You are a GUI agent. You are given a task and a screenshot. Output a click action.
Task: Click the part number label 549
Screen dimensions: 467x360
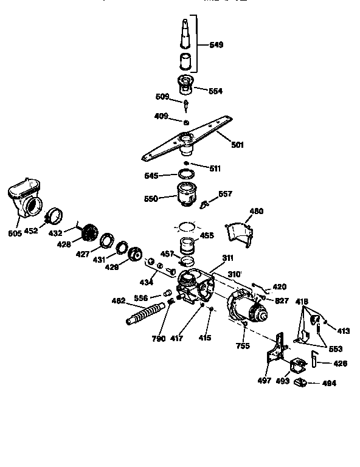pos(216,44)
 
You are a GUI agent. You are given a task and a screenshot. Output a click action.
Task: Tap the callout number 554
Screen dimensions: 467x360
pos(215,91)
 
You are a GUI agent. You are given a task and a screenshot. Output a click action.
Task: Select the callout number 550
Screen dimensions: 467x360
pos(151,198)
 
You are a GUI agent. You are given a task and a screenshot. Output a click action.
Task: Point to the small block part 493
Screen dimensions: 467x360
pos(298,367)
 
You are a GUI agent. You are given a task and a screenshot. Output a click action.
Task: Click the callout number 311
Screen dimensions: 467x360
pos(227,258)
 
